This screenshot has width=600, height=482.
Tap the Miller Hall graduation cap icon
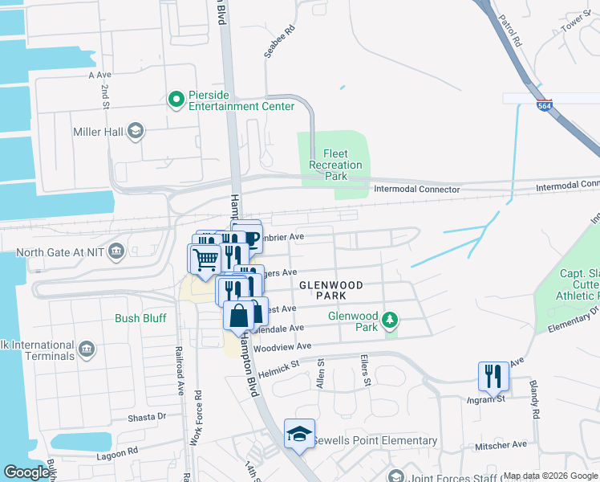136,131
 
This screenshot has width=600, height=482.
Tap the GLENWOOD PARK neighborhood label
331,291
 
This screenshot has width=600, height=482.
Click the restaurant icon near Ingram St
493,375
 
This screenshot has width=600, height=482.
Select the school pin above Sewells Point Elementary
299,433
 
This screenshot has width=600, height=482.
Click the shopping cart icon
205,259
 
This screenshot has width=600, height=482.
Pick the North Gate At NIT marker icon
116,251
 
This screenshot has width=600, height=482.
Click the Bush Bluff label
140,318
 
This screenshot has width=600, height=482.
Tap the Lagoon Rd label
121,451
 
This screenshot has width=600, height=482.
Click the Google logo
27,472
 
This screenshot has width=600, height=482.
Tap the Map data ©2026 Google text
549,476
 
